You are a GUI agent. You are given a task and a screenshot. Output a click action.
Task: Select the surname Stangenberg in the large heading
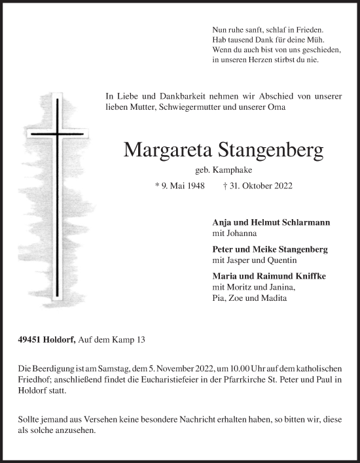pos(268,152)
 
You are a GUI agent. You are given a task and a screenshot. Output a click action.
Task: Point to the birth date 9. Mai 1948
pos(179,186)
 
